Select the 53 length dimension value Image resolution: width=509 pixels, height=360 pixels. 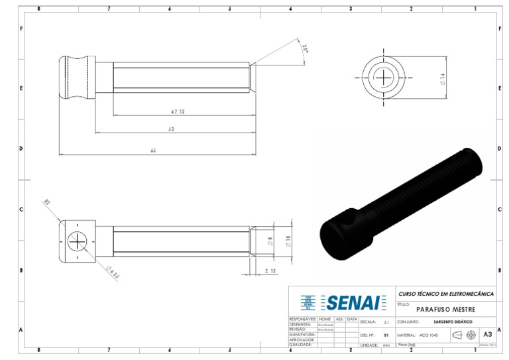[171, 129]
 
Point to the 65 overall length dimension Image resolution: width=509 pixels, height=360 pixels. [154, 150]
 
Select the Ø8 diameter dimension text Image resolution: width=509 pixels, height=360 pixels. [270, 242]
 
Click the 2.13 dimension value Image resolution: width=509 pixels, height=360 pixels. [270, 271]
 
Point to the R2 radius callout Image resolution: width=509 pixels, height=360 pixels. [47, 202]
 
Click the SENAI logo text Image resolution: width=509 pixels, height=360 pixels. [353, 303]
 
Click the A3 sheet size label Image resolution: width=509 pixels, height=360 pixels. [488, 335]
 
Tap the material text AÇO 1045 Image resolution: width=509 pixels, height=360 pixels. [429, 335]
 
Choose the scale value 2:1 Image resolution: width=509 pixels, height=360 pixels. [386, 322]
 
